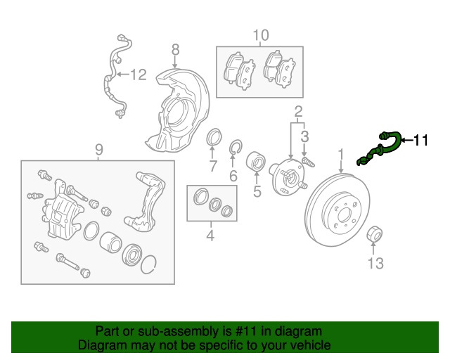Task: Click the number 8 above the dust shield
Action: click(175, 49)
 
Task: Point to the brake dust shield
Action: click(176, 112)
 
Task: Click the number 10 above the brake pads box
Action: click(260, 34)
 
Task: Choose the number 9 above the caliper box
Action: click(99, 149)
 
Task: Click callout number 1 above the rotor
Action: click(341, 153)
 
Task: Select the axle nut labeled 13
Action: click(373, 236)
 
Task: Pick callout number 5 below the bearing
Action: click(257, 190)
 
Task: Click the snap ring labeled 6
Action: click(236, 148)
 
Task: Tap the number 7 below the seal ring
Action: click(212, 166)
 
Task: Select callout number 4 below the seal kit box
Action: click(210, 236)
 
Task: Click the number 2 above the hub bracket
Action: click(297, 110)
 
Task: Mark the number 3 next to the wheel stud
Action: click(304, 134)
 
